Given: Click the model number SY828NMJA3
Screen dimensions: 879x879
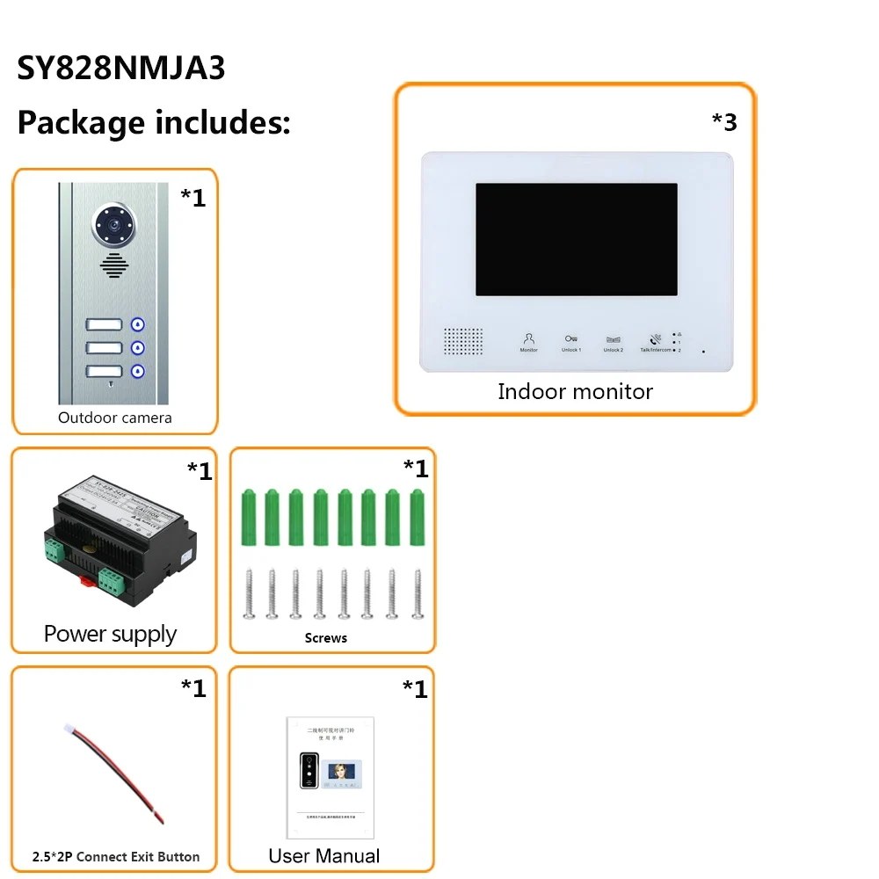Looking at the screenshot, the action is point(121,69).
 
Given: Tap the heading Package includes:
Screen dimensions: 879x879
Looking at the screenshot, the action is point(154,122).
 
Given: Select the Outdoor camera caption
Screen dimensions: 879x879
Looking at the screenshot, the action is point(114,418).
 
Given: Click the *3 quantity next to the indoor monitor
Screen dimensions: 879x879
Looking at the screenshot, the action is point(724,122).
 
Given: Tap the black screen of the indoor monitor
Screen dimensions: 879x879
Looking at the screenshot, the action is point(577,239).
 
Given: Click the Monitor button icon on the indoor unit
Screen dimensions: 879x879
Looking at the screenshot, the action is point(528,339).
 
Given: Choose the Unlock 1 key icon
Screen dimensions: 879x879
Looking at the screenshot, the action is point(571,339).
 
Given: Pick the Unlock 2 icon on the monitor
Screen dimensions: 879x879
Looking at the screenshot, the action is point(614,339).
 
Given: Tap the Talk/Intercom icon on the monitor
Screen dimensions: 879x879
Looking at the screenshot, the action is point(656,339).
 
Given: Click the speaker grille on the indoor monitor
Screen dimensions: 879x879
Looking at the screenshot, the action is point(462,342).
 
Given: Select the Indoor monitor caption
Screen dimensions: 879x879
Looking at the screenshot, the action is point(575,391).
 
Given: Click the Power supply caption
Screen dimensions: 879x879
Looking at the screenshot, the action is point(111,634).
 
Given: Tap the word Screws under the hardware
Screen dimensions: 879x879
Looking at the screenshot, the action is point(326,638).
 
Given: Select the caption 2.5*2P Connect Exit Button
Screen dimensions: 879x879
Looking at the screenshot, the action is point(116,856).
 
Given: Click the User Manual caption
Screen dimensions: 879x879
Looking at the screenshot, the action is point(324,855).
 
